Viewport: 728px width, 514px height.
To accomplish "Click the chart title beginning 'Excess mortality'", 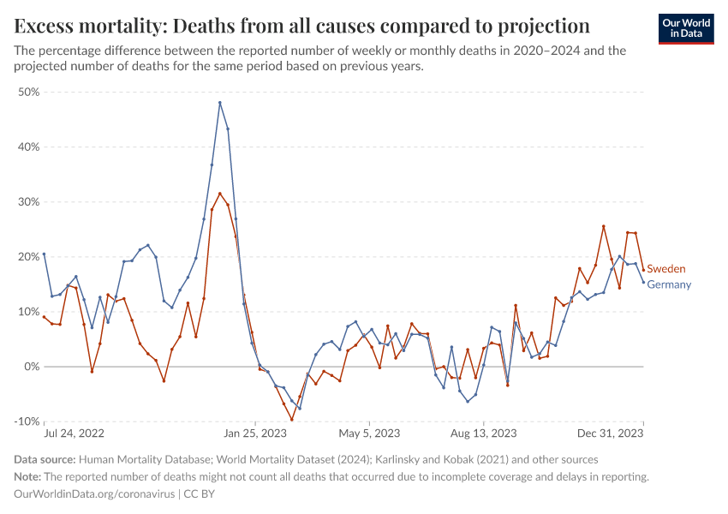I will (x=302, y=24).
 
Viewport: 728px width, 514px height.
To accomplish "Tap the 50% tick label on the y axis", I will (x=28, y=92).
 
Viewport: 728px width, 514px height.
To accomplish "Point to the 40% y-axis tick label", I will (x=28, y=146).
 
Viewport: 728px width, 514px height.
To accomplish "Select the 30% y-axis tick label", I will (x=28, y=202).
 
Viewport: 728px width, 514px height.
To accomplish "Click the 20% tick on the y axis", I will (x=28, y=257).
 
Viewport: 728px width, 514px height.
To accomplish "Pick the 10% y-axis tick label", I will (x=28, y=312).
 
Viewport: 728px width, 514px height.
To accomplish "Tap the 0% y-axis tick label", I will (x=31, y=367).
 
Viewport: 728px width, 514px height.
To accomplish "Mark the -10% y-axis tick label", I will (x=27, y=421).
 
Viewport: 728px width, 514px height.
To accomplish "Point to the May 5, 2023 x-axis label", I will (x=369, y=433).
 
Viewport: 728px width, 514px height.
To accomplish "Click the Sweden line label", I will (x=665, y=269).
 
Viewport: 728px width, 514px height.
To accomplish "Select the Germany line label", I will (x=668, y=284).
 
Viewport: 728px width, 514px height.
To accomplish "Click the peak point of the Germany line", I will (x=220, y=103).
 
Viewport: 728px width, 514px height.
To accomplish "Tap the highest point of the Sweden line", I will (x=220, y=194).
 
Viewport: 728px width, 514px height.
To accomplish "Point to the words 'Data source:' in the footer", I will (x=45, y=460).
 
